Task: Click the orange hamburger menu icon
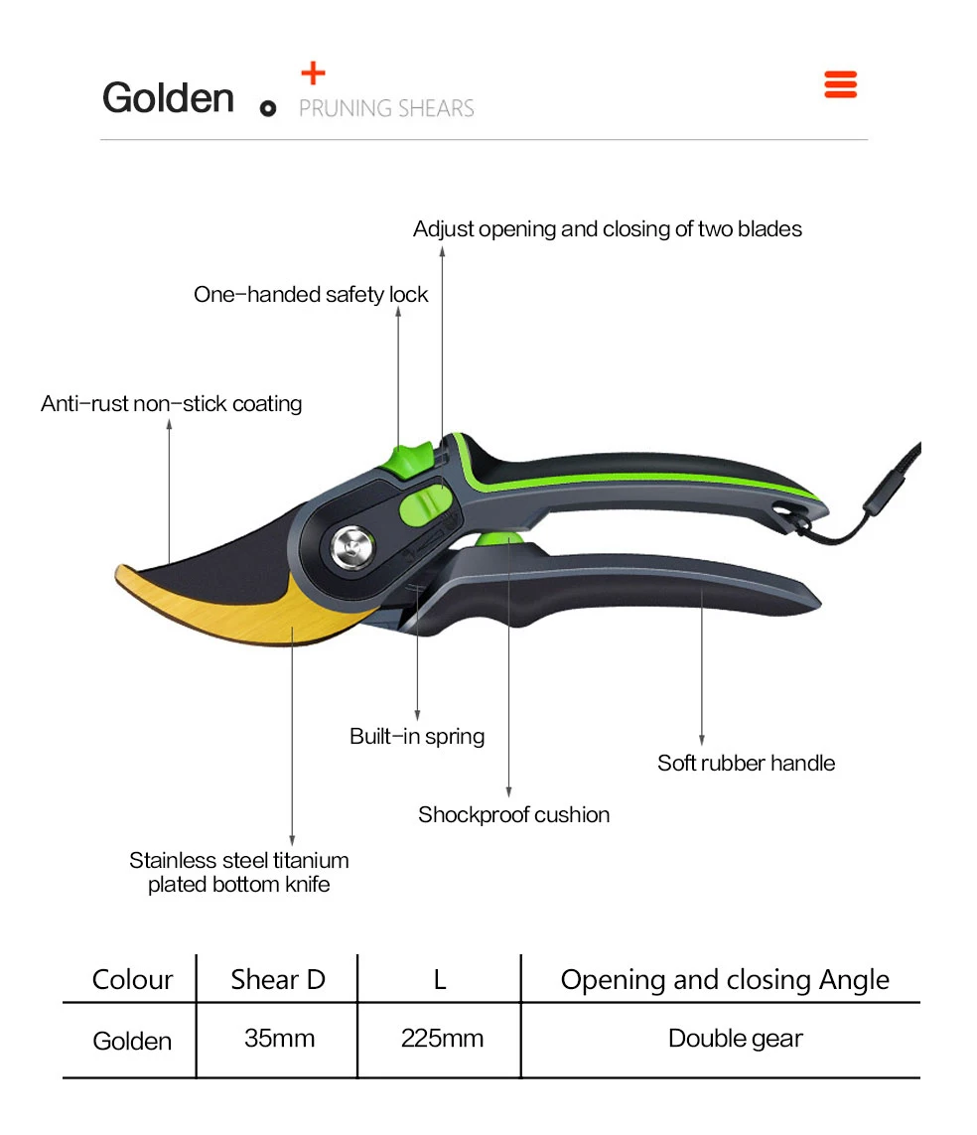click(x=840, y=84)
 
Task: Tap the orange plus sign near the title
click(x=313, y=72)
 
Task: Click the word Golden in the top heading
click(x=168, y=98)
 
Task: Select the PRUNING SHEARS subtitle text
click(x=386, y=108)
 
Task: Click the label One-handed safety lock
click(x=311, y=295)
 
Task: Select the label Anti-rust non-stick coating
click(x=171, y=404)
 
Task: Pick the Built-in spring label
click(x=417, y=737)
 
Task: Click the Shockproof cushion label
click(x=513, y=815)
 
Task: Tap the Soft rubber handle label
click(x=746, y=764)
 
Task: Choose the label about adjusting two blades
click(x=607, y=229)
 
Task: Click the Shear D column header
click(x=277, y=980)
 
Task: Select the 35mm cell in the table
click(x=279, y=1039)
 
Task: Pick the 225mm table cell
click(x=442, y=1039)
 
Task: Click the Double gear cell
click(x=735, y=1039)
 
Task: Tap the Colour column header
click(x=132, y=980)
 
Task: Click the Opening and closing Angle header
click(x=725, y=980)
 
